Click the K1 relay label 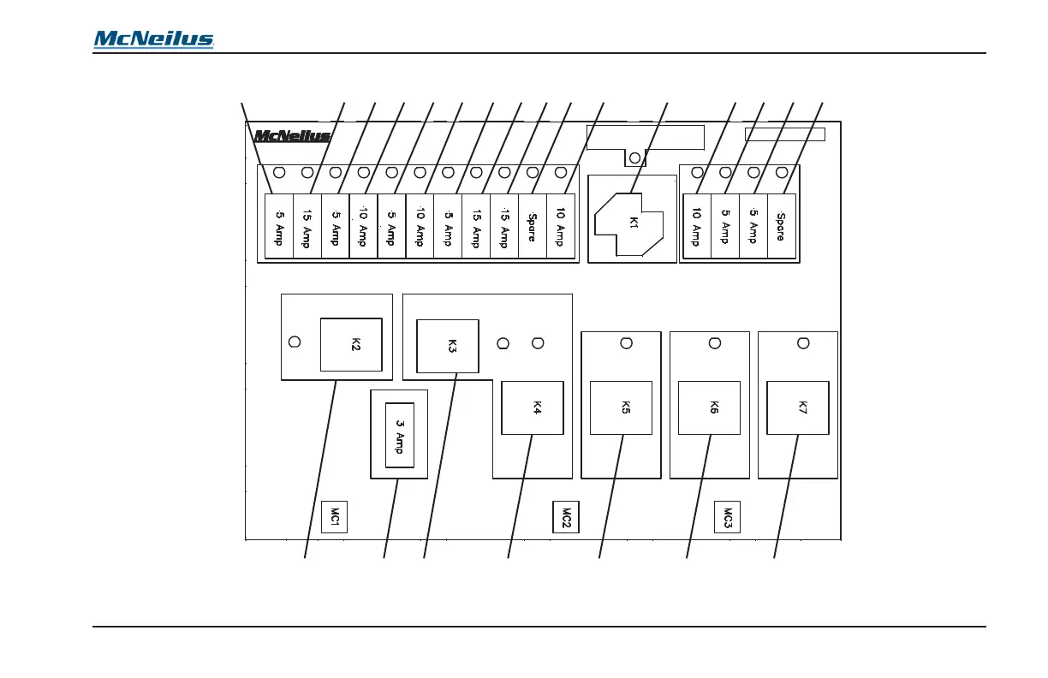(x=634, y=223)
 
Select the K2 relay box (x=351, y=344)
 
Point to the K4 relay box (x=532, y=407)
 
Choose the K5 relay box (x=622, y=408)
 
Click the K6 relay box (x=710, y=408)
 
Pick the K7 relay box (x=797, y=408)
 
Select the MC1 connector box (x=335, y=517)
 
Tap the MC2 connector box (x=562, y=517)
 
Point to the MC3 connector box (x=727, y=517)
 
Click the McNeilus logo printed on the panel (x=292, y=135)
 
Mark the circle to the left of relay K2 (x=295, y=342)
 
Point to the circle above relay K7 (x=803, y=343)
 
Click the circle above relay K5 (x=626, y=343)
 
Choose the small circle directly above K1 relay (x=634, y=158)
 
